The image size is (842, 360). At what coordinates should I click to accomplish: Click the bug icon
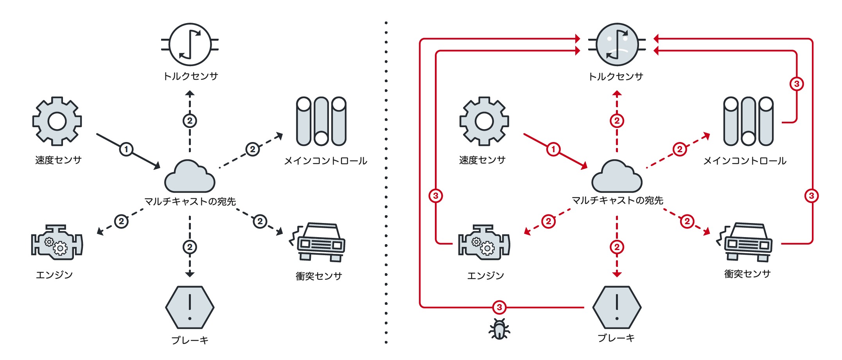[499, 329]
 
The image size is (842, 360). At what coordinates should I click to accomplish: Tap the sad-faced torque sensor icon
[617, 45]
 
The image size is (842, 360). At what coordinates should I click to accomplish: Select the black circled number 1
[126, 149]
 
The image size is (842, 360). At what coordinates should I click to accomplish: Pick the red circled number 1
[553, 149]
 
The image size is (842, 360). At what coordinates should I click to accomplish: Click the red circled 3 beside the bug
[499, 307]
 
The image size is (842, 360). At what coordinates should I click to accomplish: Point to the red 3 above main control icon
[797, 84]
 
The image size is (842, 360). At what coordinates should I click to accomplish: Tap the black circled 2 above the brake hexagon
[190, 247]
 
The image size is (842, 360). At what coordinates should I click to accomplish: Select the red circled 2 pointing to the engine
[548, 221]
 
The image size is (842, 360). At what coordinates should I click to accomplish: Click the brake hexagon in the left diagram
[190, 308]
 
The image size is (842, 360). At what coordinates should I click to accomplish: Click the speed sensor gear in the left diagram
[57, 121]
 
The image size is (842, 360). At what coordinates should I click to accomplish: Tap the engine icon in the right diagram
[484, 243]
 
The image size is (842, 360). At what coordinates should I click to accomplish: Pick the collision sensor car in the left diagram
[318, 243]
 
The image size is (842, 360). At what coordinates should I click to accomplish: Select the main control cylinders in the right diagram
[748, 121]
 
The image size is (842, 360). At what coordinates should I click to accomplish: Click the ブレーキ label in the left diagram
[190, 340]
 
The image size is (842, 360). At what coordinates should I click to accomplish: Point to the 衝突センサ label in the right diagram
[747, 274]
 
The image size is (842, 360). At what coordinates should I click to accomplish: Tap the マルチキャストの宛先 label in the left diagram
[190, 202]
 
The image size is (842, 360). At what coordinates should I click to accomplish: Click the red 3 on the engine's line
[436, 196]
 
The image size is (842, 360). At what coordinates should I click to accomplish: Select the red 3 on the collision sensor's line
[811, 196]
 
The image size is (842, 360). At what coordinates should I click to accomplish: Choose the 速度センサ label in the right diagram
[482, 160]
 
